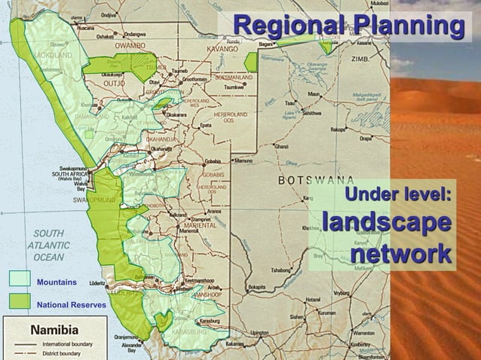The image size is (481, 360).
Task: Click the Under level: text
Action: coord(397,194)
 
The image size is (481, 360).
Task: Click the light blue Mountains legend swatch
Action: coord(19,279)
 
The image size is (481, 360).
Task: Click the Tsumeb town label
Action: coord(181,70)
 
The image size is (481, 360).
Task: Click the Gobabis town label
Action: coord(214,160)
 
